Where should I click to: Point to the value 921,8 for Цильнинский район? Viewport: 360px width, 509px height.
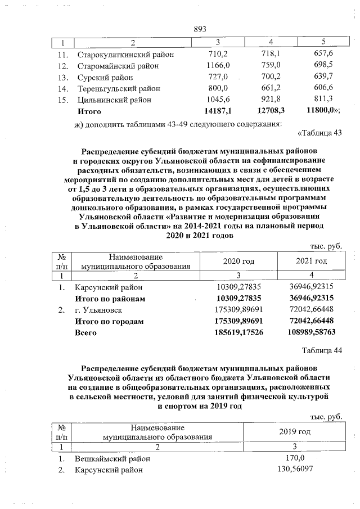coord(271,100)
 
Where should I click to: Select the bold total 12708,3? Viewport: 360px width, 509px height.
coord(269,111)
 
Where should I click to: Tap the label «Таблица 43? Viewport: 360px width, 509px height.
coord(318,133)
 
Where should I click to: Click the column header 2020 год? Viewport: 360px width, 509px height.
coord(238,261)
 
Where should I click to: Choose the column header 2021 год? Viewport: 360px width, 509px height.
coord(312,261)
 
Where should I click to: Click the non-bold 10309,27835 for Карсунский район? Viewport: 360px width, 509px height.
coord(239,287)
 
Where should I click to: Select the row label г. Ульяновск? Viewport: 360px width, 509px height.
coord(98,310)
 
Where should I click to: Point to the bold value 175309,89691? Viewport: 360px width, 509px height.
coord(239,321)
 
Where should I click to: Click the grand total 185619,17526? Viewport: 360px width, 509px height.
coord(239,332)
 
